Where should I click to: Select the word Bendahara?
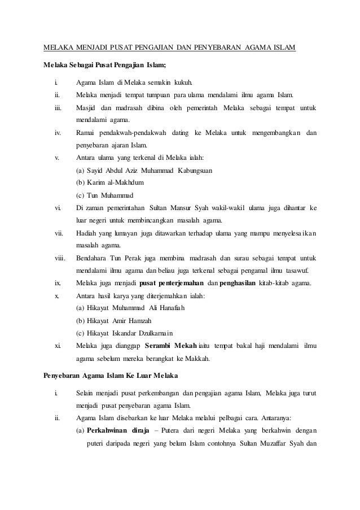click(93, 258)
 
